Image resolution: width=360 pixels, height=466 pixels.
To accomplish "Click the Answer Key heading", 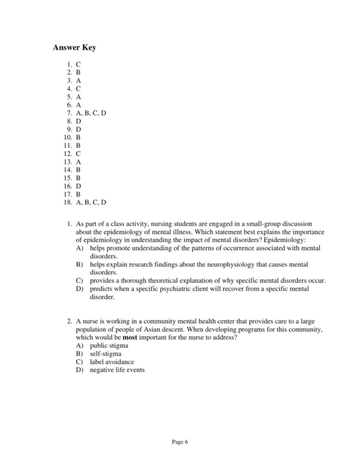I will click(74, 47).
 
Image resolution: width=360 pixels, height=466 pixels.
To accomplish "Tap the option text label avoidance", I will click(112, 362).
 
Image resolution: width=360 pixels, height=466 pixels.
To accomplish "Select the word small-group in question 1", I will click(245, 224).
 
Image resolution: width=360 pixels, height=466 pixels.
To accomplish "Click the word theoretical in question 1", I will click(158, 280).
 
